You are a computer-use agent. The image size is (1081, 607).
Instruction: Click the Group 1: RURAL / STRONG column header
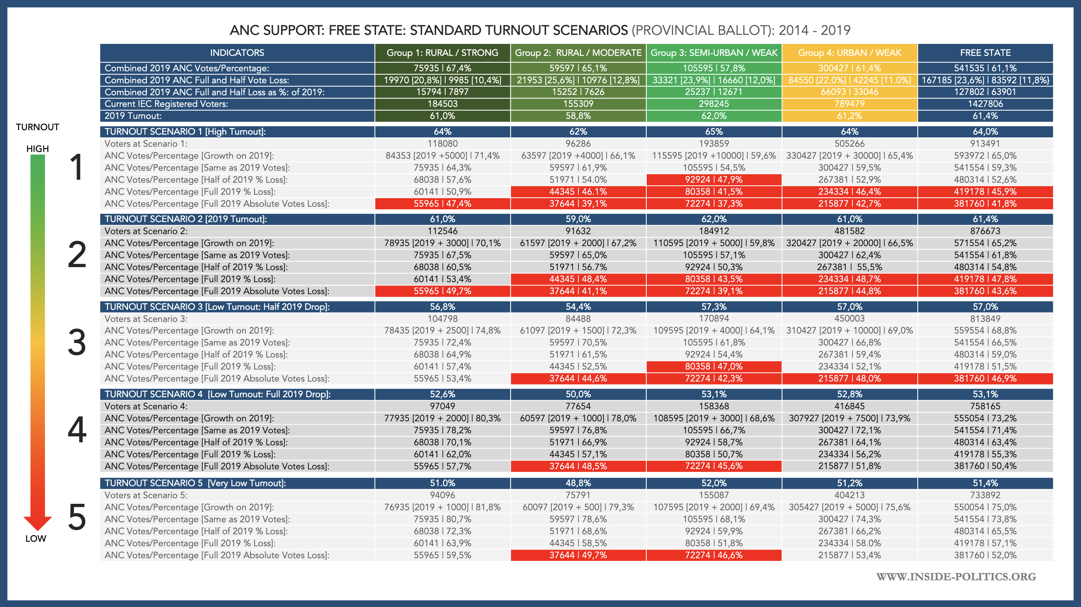tap(442, 53)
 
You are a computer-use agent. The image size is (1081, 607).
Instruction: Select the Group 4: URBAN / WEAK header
tap(849, 53)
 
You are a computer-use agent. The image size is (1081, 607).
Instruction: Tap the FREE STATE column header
tap(985, 53)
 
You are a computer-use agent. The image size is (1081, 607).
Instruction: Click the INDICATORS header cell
tap(237, 53)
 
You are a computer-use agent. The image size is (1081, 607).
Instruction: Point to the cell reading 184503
tap(442, 104)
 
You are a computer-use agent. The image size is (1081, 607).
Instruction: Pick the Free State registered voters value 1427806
tap(985, 104)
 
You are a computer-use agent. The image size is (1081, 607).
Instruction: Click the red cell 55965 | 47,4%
tap(442, 204)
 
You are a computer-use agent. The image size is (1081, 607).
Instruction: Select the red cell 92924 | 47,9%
tap(714, 180)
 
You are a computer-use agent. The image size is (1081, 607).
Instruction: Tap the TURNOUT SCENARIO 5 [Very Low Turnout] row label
tap(195, 483)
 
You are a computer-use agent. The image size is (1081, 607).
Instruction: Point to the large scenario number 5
tap(77, 517)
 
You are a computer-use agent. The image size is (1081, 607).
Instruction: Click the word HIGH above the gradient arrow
tap(38, 149)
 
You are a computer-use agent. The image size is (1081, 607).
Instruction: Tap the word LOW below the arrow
tap(36, 539)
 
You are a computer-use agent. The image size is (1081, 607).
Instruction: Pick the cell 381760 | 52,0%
tap(985, 555)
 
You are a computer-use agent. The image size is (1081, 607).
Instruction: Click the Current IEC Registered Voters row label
tap(166, 104)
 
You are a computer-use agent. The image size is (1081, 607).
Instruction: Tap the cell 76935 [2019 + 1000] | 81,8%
tap(442, 507)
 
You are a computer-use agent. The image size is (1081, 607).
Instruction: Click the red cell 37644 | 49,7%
tap(578, 555)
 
